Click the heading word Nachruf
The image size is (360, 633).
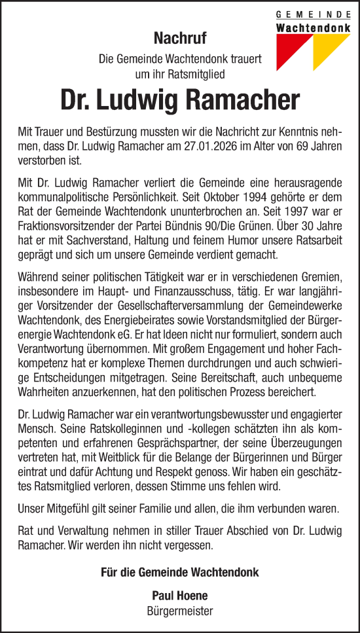click(179, 38)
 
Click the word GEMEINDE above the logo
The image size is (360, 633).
click(313, 14)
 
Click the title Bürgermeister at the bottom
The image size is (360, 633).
click(179, 611)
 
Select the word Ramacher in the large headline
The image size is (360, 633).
click(243, 101)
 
